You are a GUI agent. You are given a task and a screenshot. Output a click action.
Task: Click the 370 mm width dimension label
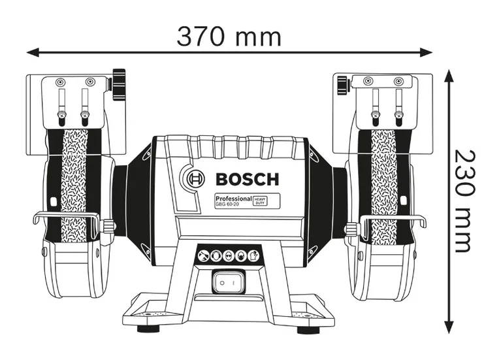[229, 35]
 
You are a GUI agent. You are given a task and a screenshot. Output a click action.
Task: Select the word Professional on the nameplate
[233, 198]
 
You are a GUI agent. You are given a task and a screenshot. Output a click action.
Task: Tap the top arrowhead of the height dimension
[449, 76]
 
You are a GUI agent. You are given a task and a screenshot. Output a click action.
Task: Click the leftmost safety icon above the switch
[204, 255]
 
